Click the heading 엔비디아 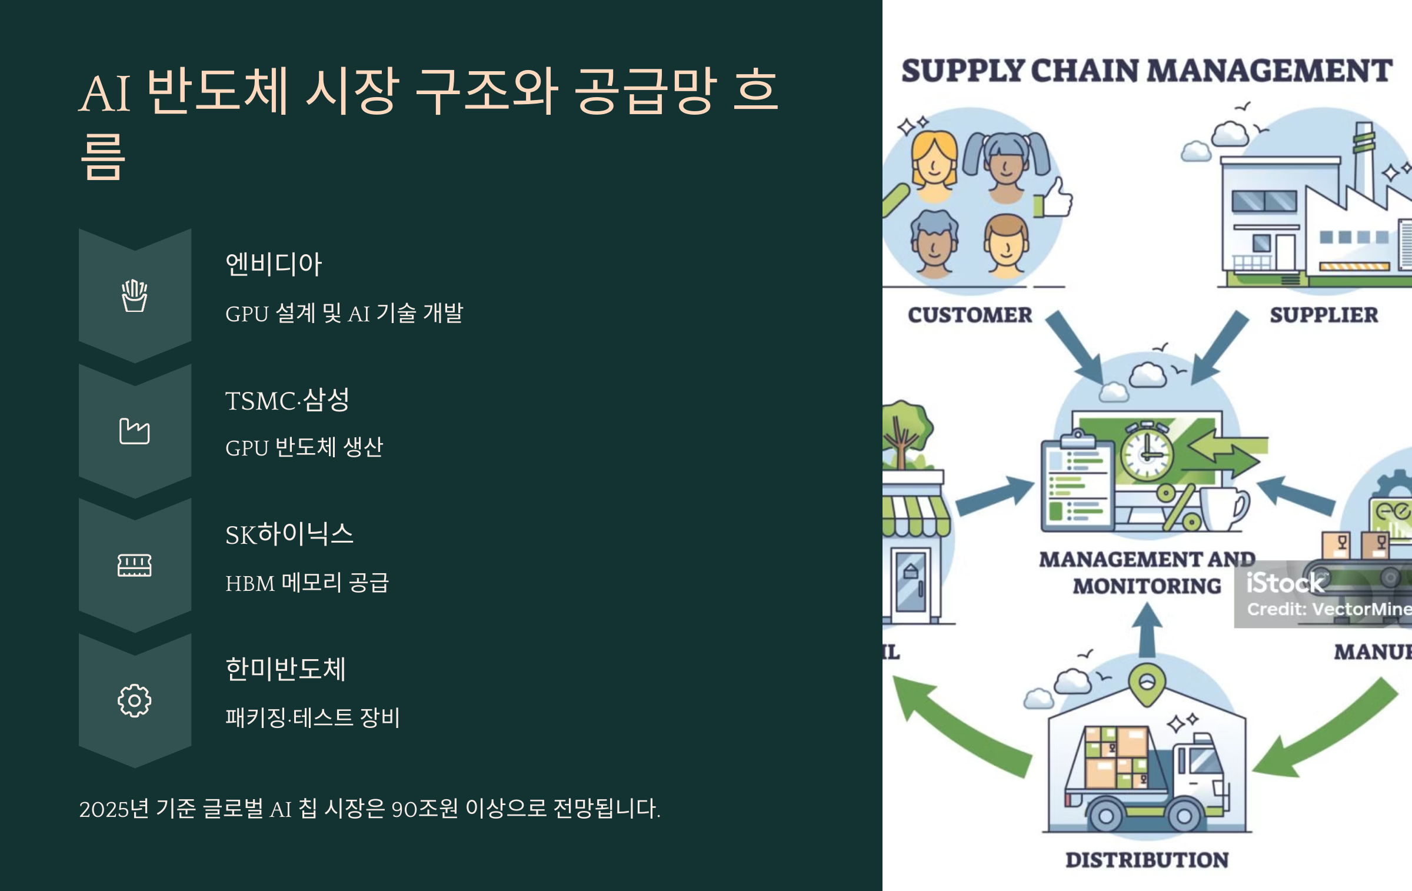coord(274,264)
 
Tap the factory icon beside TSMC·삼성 coord(134,431)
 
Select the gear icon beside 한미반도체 coord(134,700)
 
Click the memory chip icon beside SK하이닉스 coord(134,566)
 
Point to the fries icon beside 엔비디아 coord(134,296)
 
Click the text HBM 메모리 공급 coord(307,583)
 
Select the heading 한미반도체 coord(286,669)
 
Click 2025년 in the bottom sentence coord(114,809)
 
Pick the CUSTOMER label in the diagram coord(970,315)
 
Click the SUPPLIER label coord(1324,315)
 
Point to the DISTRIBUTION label coord(1147,860)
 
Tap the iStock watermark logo coord(1284,583)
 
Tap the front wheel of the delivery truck coord(1184,816)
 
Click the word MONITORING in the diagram coord(1147,586)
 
